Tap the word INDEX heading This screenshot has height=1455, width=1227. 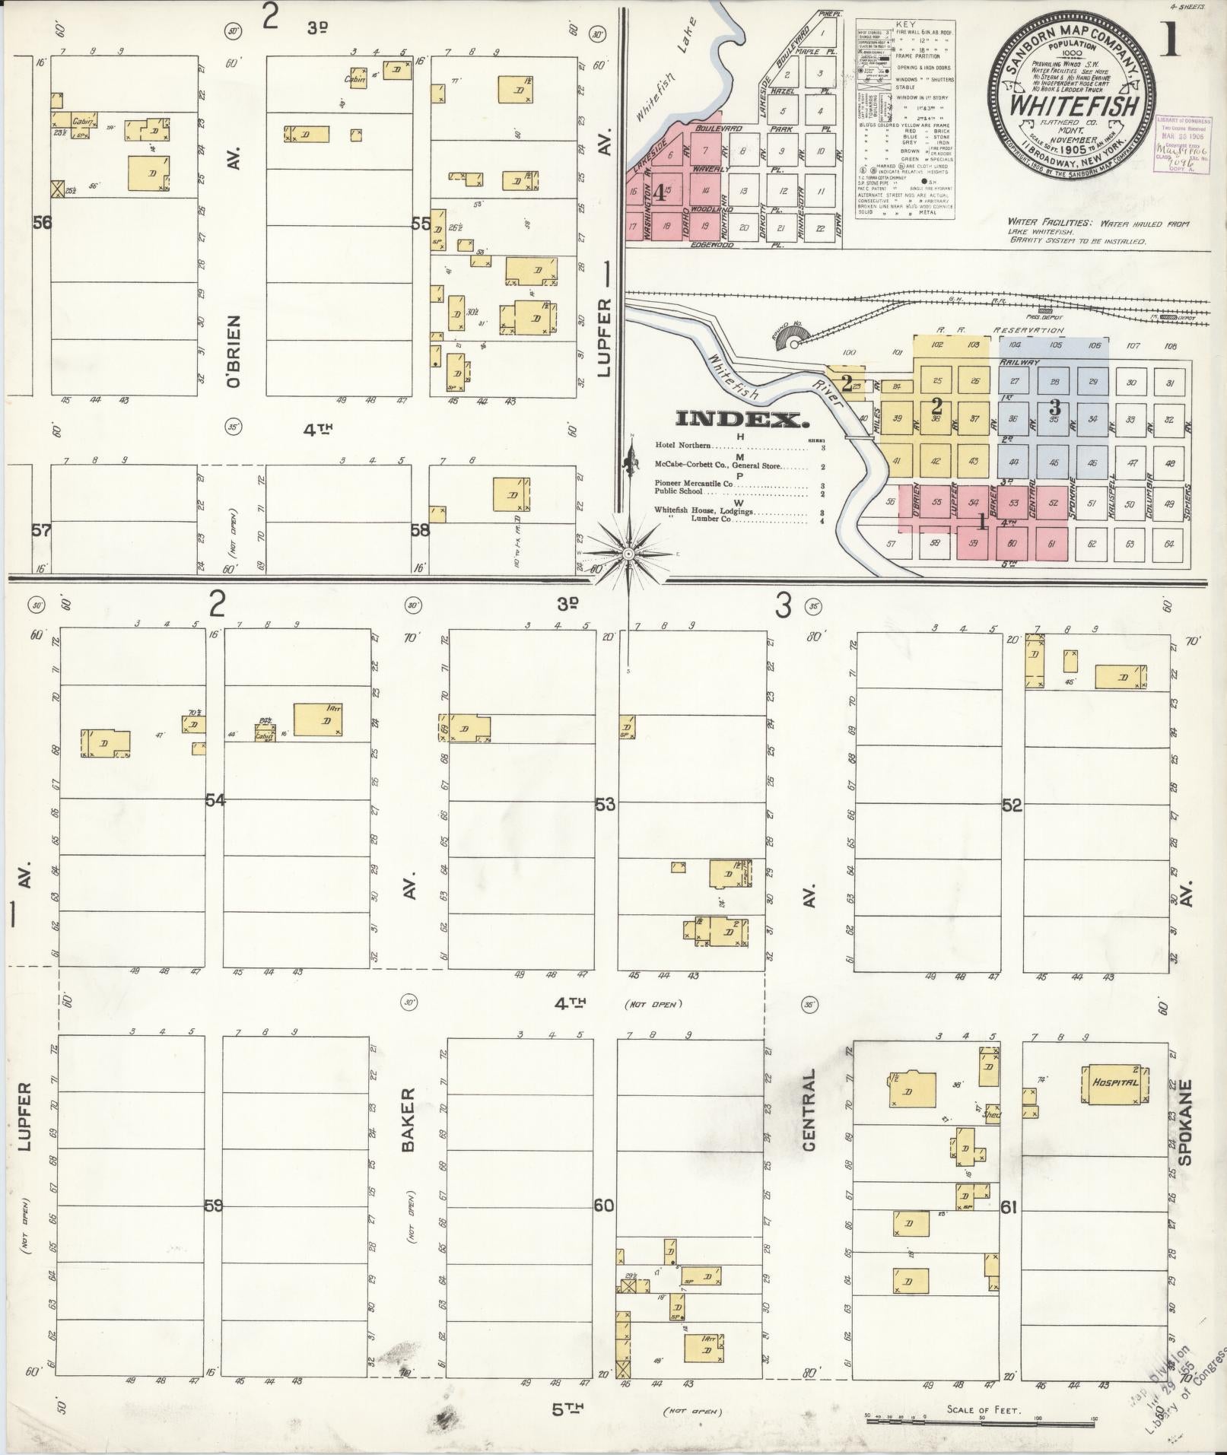click(x=742, y=420)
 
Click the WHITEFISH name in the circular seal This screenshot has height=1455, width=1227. click(x=1073, y=103)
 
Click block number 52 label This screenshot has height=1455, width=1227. click(x=1012, y=805)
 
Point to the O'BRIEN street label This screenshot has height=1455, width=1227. click(x=234, y=351)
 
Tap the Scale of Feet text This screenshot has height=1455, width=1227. click(x=982, y=1409)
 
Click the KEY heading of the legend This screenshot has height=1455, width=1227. click(x=905, y=25)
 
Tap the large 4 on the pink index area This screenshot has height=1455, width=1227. click(x=659, y=193)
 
